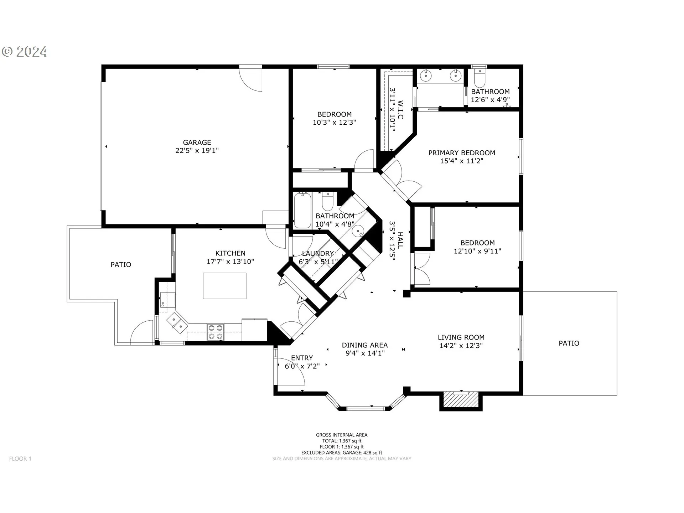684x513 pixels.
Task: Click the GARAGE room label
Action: [197, 142]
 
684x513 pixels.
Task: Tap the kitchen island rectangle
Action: [224, 286]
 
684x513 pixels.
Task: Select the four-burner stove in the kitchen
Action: [216, 332]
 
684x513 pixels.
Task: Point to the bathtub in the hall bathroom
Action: [302, 210]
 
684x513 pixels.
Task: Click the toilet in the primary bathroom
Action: [480, 78]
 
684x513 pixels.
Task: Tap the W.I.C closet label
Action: [400, 110]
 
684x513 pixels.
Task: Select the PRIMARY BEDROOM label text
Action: [462, 153]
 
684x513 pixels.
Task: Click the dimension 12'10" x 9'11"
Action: [477, 251]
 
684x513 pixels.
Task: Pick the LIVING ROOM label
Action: [461, 337]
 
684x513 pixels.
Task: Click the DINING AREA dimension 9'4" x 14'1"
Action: [365, 353]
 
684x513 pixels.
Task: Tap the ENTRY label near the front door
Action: [302, 358]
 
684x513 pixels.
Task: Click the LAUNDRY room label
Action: [318, 254]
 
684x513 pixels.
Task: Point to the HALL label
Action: [400, 240]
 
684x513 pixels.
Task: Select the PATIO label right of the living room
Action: [569, 343]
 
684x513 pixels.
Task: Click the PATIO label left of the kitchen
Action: [121, 265]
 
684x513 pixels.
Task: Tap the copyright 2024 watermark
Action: [24, 52]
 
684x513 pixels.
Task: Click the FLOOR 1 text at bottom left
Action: [20, 459]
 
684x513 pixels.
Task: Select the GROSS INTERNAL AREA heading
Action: [342, 435]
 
